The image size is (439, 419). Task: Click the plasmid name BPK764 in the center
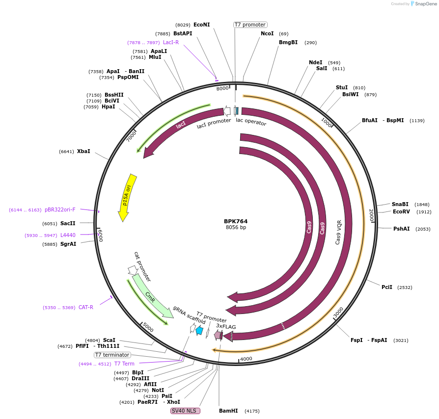[x=236, y=221]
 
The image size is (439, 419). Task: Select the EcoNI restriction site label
[x=201, y=25]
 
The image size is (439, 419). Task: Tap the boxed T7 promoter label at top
[x=250, y=25]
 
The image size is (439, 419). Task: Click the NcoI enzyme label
[x=267, y=34]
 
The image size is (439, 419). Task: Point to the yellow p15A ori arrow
[x=127, y=196]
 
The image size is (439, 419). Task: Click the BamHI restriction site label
[x=228, y=411]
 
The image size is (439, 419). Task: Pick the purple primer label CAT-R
[x=86, y=308]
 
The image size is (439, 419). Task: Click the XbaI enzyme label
[x=83, y=152]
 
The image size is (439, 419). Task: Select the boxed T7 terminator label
[x=112, y=355]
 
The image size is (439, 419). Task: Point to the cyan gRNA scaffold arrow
[x=199, y=331]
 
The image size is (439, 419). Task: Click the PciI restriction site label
[x=387, y=287]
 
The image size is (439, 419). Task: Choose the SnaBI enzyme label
[x=400, y=204]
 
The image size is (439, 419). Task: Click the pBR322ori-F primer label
[x=60, y=209]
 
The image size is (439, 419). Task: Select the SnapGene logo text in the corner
[x=424, y=4]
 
